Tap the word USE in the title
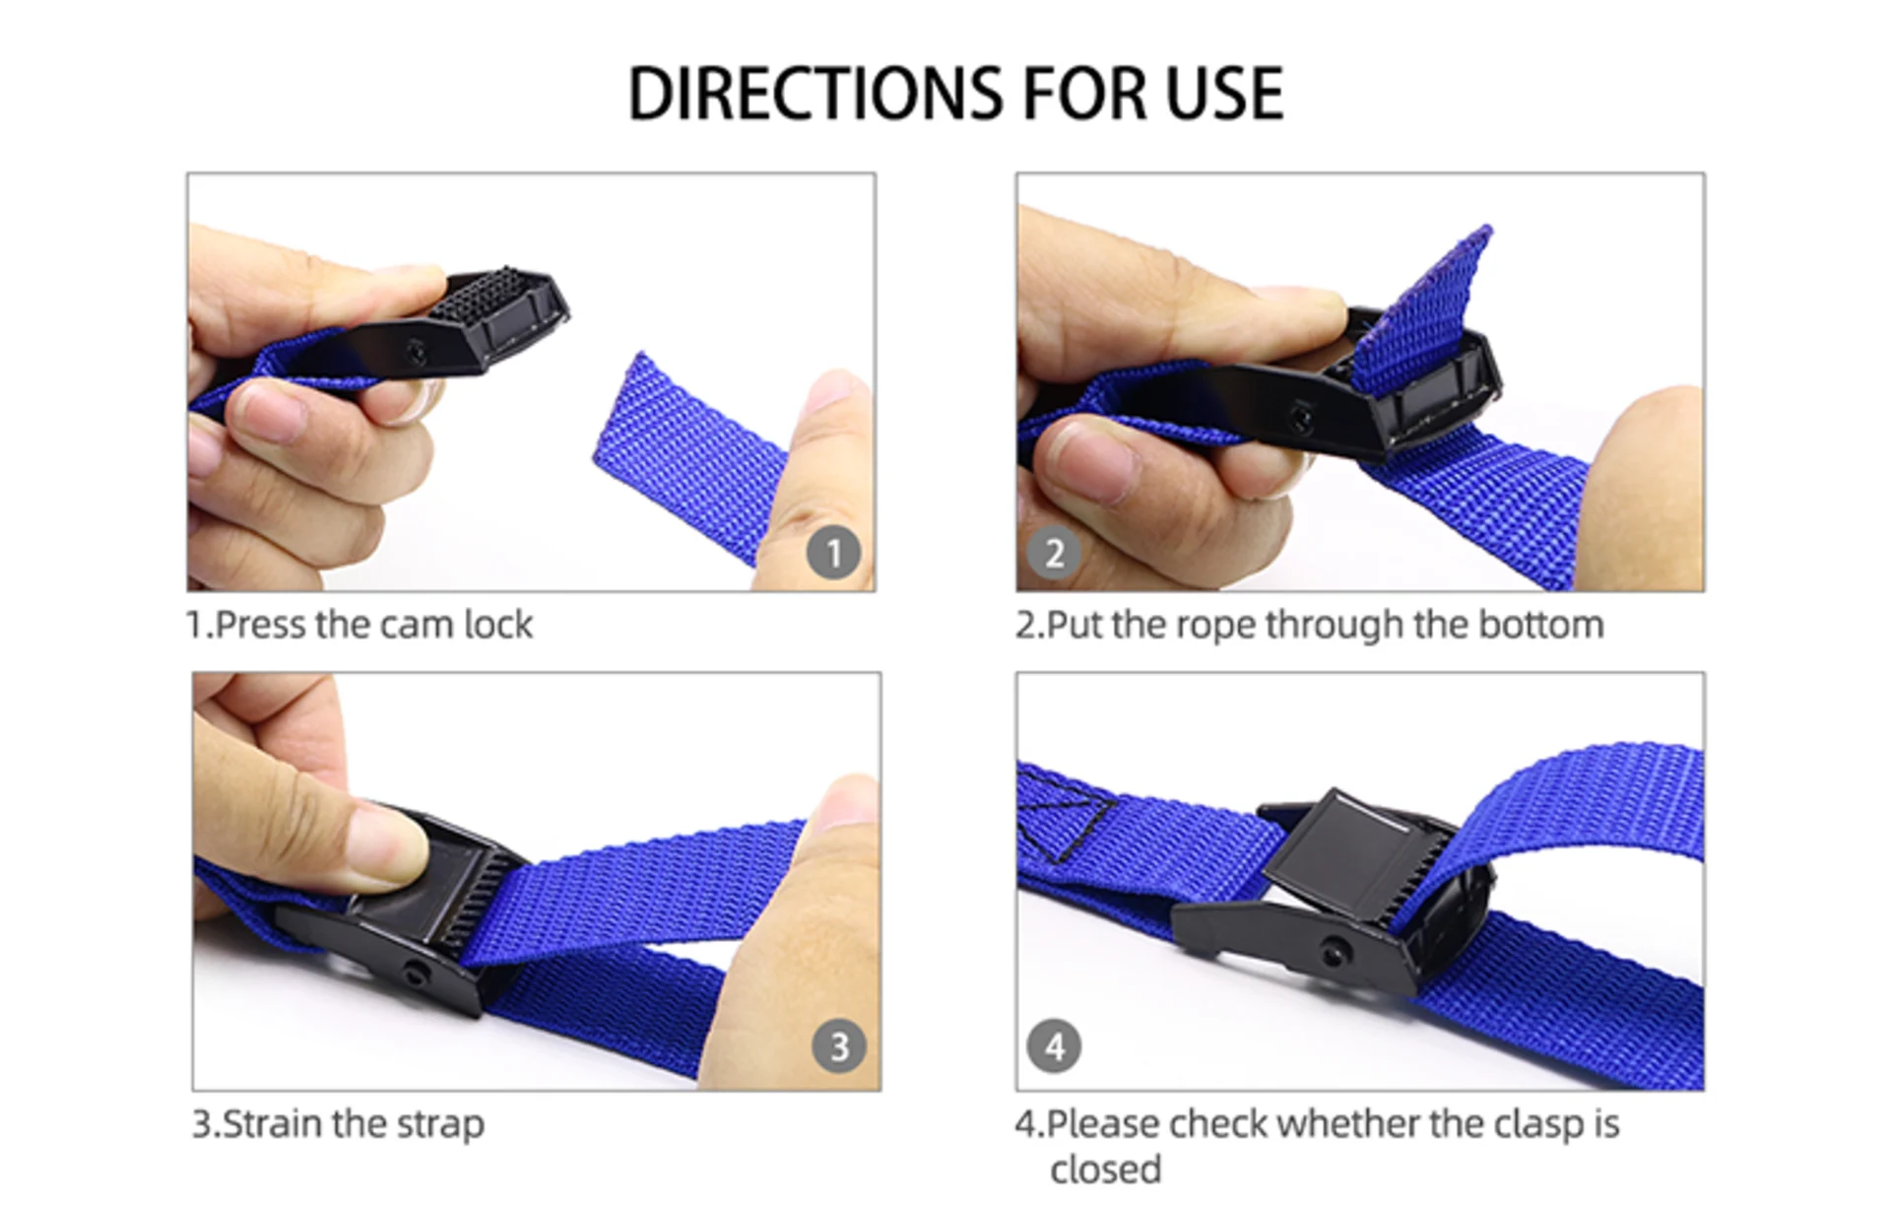(x=1224, y=95)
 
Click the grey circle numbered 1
(x=833, y=553)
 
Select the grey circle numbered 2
(x=1054, y=553)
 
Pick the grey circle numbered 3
(x=839, y=1046)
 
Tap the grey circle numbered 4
(x=1054, y=1046)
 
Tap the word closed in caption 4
(x=1105, y=1171)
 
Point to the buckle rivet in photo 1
(x=418, y=350)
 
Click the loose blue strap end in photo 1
(x=689, y=453)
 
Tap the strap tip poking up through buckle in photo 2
(x=1428, y=305)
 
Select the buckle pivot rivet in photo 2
(x=1302, y=419)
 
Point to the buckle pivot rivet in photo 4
(x=1336, y=952)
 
